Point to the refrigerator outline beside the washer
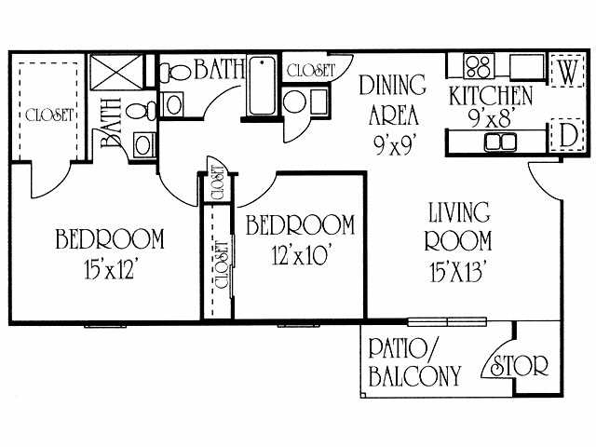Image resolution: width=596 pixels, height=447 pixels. click(x=526, y=67)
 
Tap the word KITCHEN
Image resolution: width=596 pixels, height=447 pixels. click(x=491, y=96)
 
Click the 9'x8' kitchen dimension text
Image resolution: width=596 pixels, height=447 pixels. click(x=491, y=118)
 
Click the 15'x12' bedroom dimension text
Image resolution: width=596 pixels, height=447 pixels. click(x=110, y=271)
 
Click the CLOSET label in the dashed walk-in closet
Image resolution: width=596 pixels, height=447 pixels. click(x=49, y=115)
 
